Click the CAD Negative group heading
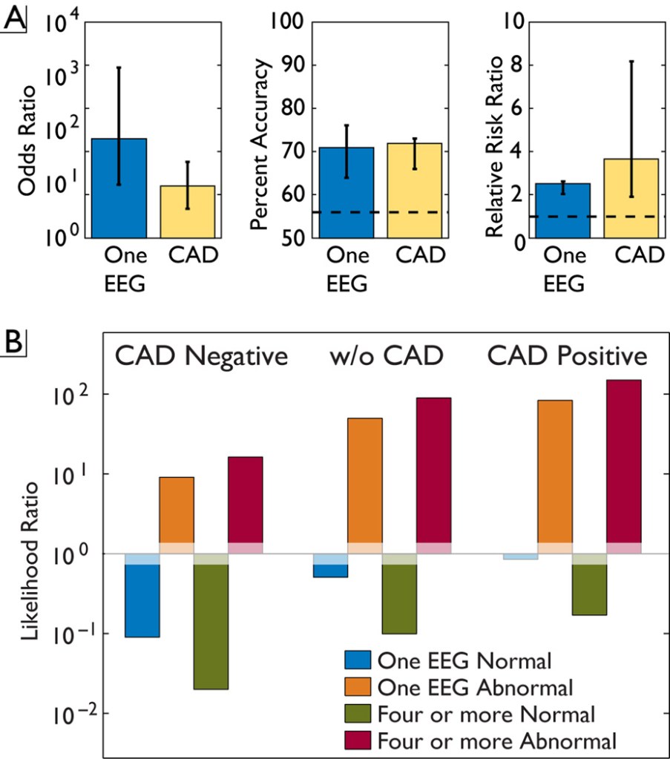(200, 356)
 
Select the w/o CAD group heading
(386, 356)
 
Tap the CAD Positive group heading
(566, 356)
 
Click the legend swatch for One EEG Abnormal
(359, 686)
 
